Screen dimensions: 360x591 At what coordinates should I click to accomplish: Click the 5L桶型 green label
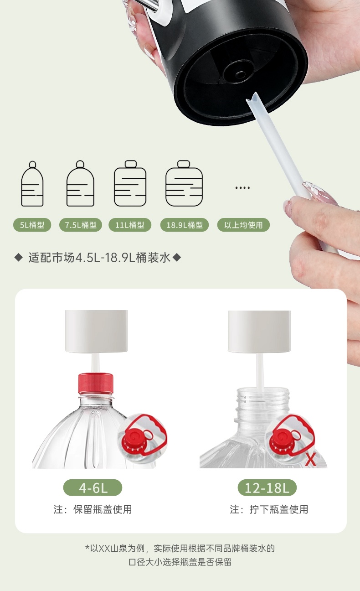point(32,225)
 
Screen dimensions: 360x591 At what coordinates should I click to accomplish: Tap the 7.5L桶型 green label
point(81,225)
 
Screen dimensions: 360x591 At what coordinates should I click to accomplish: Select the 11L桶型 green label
point(130,225)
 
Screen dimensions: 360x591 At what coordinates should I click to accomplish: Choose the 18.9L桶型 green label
point(185,225)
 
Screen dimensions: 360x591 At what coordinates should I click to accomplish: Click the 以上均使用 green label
point(243,225)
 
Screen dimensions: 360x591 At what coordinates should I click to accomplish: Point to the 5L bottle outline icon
point(32,184)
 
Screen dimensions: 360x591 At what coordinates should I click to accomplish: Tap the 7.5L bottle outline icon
point(80,184)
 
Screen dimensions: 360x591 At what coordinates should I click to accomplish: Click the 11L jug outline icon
point(130,184)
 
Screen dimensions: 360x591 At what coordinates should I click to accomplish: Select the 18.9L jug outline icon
point(184,184)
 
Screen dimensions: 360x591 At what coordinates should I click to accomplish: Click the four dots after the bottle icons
point(242,188)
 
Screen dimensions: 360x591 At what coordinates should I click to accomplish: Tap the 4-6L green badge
point(93,488)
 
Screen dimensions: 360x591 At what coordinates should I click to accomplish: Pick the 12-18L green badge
point(267,488)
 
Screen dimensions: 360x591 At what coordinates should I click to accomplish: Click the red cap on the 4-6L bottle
point(96,383)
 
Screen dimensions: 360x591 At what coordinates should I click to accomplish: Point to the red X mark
point(310,459)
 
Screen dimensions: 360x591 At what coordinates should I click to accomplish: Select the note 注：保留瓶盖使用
point(93,509)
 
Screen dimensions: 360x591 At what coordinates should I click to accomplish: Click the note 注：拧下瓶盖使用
point(269,509)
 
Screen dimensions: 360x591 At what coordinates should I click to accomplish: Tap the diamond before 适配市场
point(19,258)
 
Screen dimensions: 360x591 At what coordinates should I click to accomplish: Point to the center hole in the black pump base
point(240,74)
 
